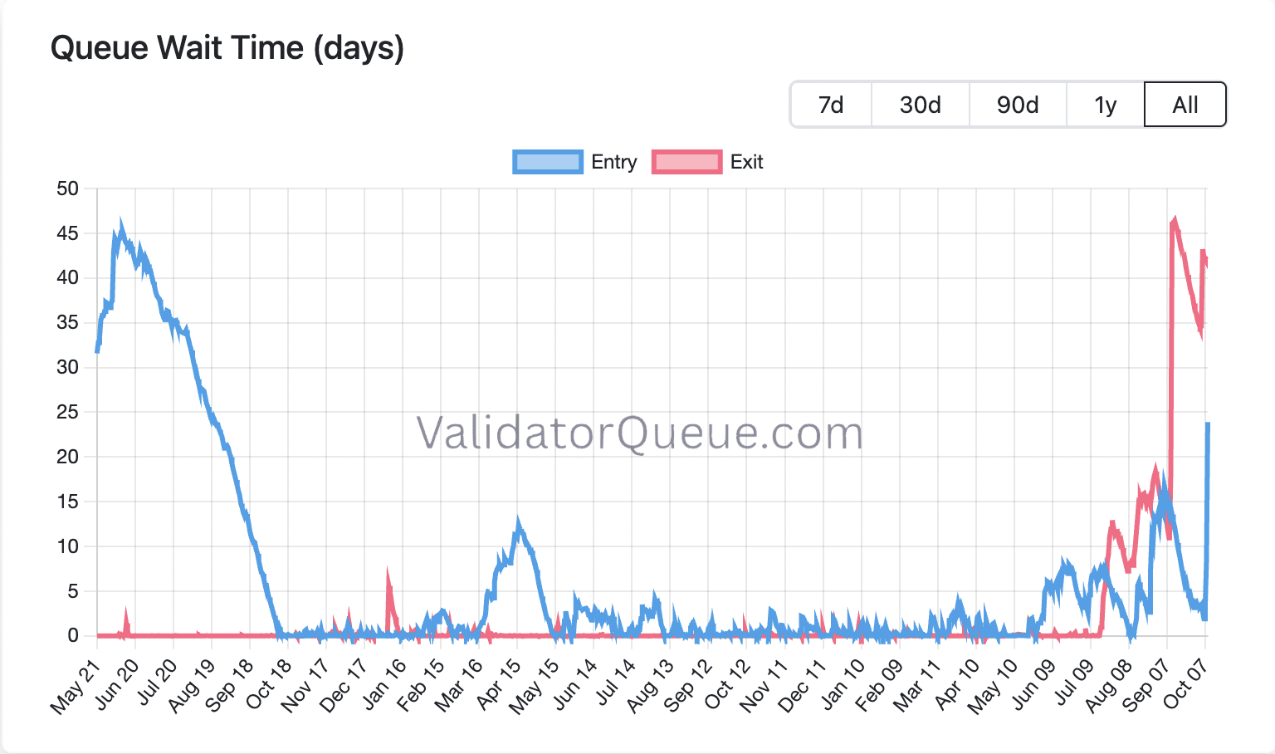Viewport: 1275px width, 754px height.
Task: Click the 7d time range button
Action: [831, 105]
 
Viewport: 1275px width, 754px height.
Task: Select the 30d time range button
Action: [920, 105]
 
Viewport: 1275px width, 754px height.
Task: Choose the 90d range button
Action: [1018, 105]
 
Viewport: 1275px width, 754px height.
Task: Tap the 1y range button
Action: [1105, 105]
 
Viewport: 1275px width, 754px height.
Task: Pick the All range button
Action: [1185, 105]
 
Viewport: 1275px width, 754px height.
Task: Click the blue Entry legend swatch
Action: [547, 162]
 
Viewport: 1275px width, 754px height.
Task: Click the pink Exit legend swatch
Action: [686, 162]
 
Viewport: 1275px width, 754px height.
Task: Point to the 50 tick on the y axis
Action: [68, 188]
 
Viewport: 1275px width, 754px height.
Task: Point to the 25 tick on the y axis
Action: [68, 412]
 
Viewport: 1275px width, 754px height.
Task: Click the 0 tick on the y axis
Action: [73, 635]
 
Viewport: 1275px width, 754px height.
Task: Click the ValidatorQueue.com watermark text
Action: [639, 433]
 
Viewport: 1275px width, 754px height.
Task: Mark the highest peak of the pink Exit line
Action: [1175, 219]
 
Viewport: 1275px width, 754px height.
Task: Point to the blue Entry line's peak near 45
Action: [121, 224]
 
